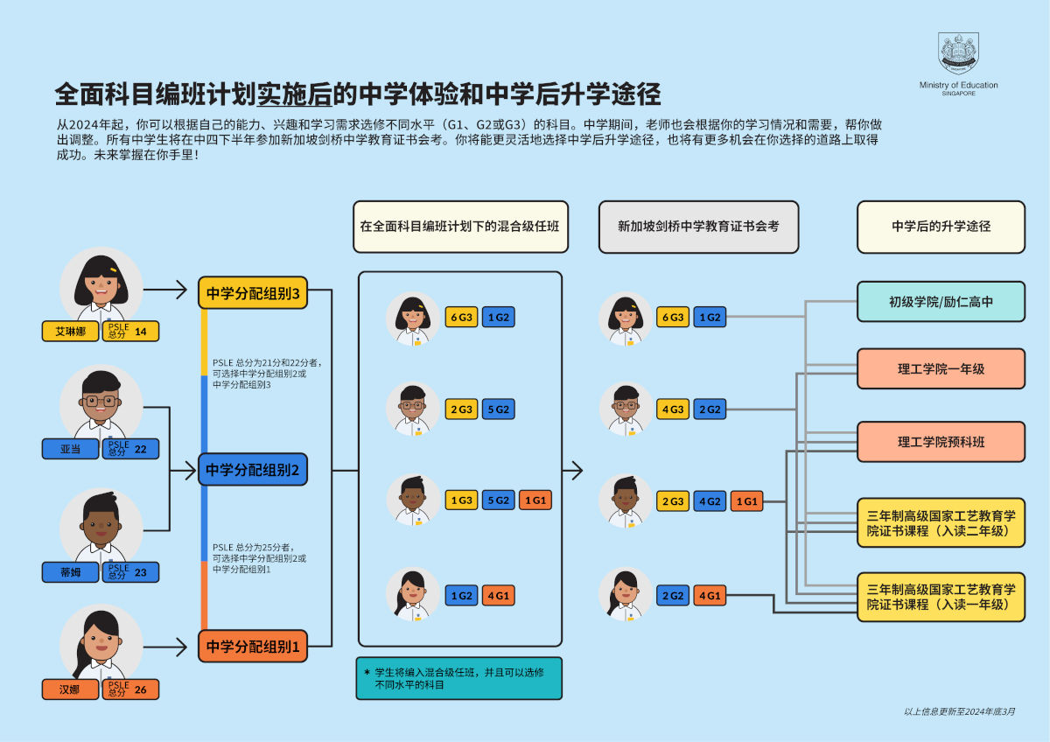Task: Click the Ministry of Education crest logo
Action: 958,53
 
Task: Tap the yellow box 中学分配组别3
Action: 253,294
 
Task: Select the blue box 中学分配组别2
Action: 253,470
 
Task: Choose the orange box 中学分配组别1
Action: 253,647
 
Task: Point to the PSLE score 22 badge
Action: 130,449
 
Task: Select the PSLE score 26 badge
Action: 130,689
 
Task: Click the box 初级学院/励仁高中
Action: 941,302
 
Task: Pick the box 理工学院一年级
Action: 941,368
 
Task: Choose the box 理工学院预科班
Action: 941,442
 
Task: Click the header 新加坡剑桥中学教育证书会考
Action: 698,227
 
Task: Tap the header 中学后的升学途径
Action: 941,227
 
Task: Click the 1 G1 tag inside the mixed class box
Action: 535,500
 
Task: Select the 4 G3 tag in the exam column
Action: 673,409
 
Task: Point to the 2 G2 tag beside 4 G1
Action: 673,596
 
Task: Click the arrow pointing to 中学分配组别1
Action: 171,647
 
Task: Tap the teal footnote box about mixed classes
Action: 458,678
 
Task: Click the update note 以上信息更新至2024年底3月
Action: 960,711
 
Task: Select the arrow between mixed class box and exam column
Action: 572,471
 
